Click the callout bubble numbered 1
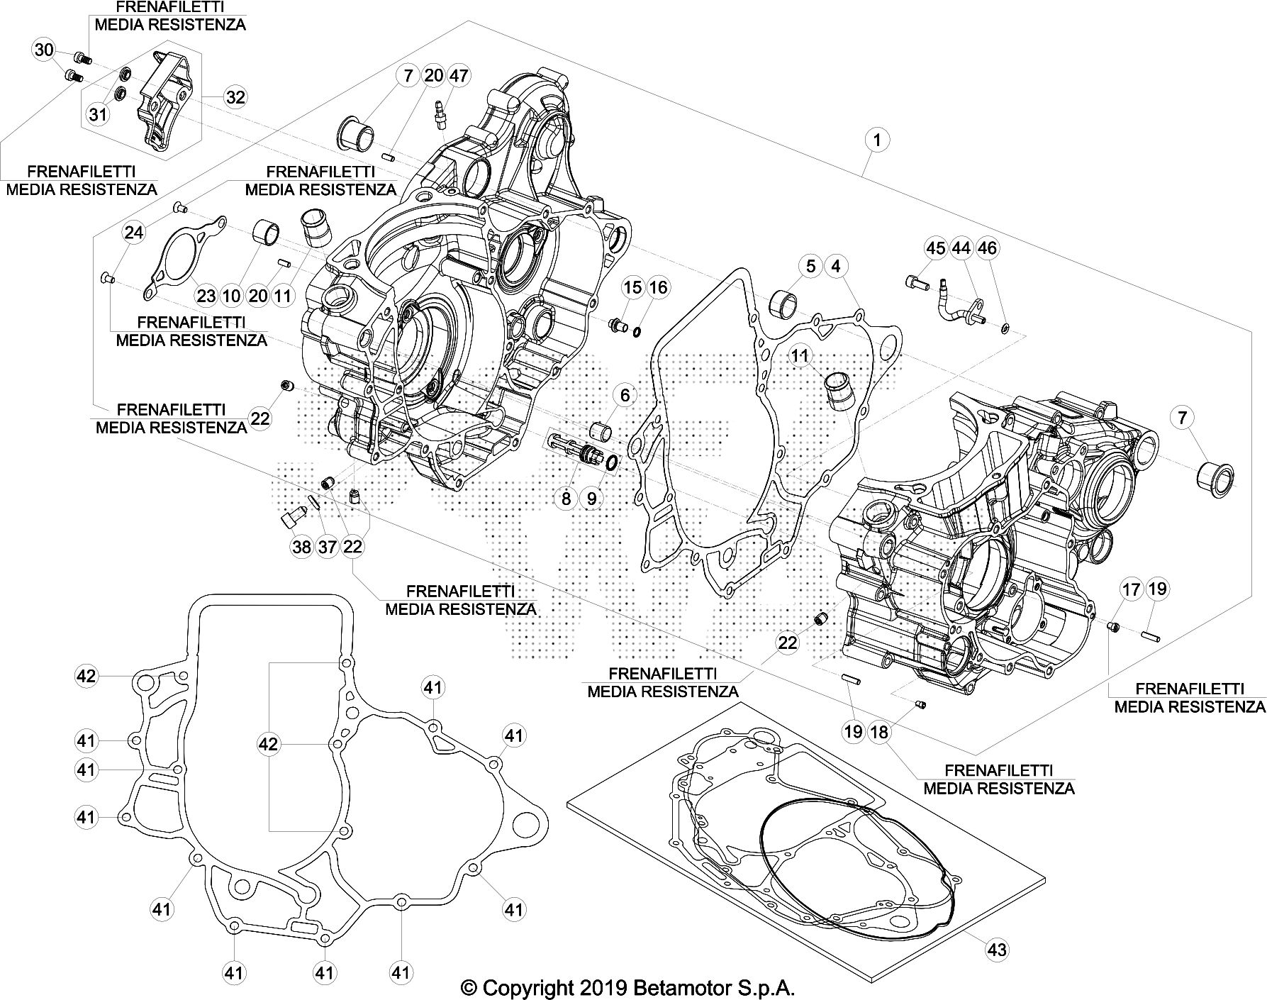click(x=877, y=140)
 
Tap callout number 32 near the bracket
click(x=235, y=96)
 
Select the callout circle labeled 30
click(x=44, y=50)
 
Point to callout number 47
click(x=459, y=75)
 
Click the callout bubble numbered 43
click(x=997, y=950)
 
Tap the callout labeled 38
click(x=301, y=546)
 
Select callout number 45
click(x=936, y=248)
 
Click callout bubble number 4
click(x=836, y=266)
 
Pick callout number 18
click(x=879, y=731)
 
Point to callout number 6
click(x=625, y=395)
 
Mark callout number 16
click(x=658, y=287)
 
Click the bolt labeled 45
click(x=915, y=282)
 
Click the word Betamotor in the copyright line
click(x=710, y=987)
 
